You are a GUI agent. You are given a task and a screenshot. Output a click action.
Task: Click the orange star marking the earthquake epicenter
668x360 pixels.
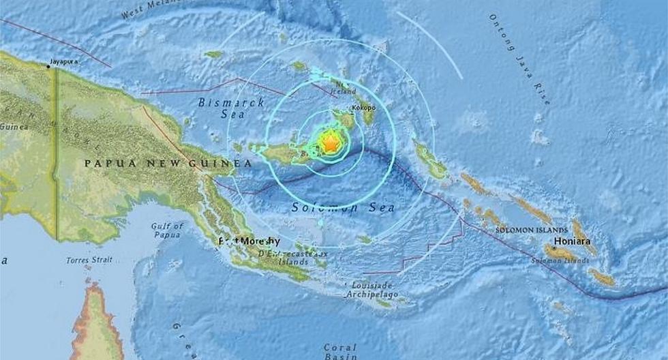coord(330,143)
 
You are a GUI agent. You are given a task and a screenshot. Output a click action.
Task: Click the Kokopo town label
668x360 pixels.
coord(364,108)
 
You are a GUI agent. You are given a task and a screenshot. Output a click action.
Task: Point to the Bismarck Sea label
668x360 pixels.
coord(220,110)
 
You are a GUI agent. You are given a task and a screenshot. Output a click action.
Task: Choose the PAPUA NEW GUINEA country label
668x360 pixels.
coord(168,164)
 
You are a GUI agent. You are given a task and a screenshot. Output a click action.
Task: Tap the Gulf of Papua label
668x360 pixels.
coord(168,230)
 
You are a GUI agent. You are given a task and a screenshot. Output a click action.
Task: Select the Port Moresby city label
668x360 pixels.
coord(249,241)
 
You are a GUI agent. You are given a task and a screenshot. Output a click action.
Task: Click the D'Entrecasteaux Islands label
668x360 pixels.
coord(302,257)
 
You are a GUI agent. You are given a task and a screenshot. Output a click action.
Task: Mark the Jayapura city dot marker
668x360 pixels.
coord(49,66)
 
